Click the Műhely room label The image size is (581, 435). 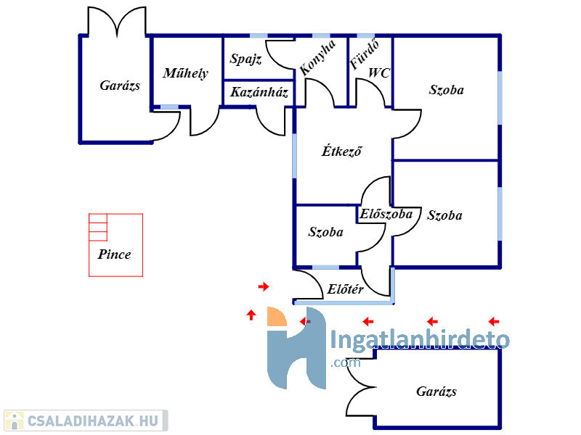[x=186, y=73]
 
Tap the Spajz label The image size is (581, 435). [x=245, y=59]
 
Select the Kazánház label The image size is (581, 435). [x=259, y=92]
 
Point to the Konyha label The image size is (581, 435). [x=318, y=57]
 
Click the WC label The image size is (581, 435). [x=379, y=73]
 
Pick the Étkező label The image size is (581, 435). [x=341, y=151]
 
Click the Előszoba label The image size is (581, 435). [x=386, y=214]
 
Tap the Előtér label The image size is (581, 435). [x=345, y=289]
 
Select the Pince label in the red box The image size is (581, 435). [x=114, y=254]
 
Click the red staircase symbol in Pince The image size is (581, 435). [x=98, y=228]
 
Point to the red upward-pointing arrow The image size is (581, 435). [x=251, y=315]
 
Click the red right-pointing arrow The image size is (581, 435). [x=264, y=286]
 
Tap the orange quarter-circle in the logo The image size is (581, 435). [x=276, y=318]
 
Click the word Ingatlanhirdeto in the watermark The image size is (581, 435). [x=420, y=339]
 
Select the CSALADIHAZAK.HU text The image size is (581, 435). [x=93, y=421]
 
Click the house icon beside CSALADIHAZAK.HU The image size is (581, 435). [x=14, y=421]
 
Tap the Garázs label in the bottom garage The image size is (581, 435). [x=436, y=391]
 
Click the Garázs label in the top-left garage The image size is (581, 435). [x=120, y=86]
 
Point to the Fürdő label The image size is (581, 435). [x=365, y=55]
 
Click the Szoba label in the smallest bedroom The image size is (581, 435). [x=325, y=232]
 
